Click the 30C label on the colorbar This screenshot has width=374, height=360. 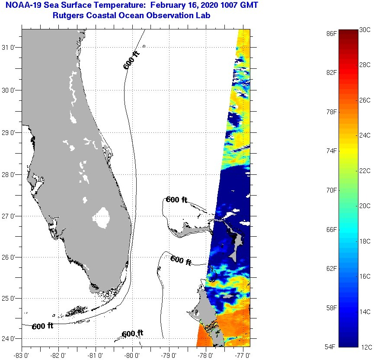click(x=365, y=29)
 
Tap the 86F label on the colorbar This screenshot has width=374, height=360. click(x=332, y=33)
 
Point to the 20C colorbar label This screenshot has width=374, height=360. click(x=365, y=206)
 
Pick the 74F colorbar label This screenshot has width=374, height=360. click(x=332, y=151)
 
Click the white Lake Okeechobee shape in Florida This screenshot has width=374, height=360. click(x=102, y=218)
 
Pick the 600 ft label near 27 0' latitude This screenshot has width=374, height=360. click(x=176, y=199)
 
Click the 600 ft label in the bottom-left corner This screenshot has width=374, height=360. click(x=42, y=326)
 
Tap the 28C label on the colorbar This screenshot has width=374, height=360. click(x=365, y=65)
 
